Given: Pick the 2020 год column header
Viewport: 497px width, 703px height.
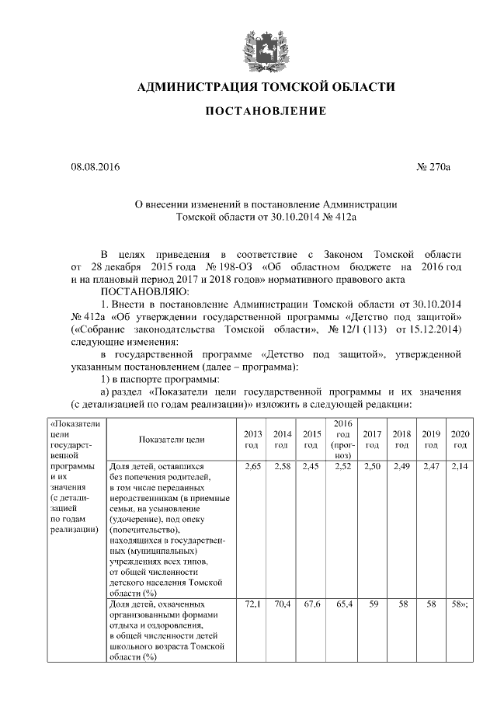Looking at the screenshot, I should [x=460, y=439].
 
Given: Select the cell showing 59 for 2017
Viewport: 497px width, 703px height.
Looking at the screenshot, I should [x=373, y=604].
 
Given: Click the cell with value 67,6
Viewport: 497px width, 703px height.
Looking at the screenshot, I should [x=311, y=604].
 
